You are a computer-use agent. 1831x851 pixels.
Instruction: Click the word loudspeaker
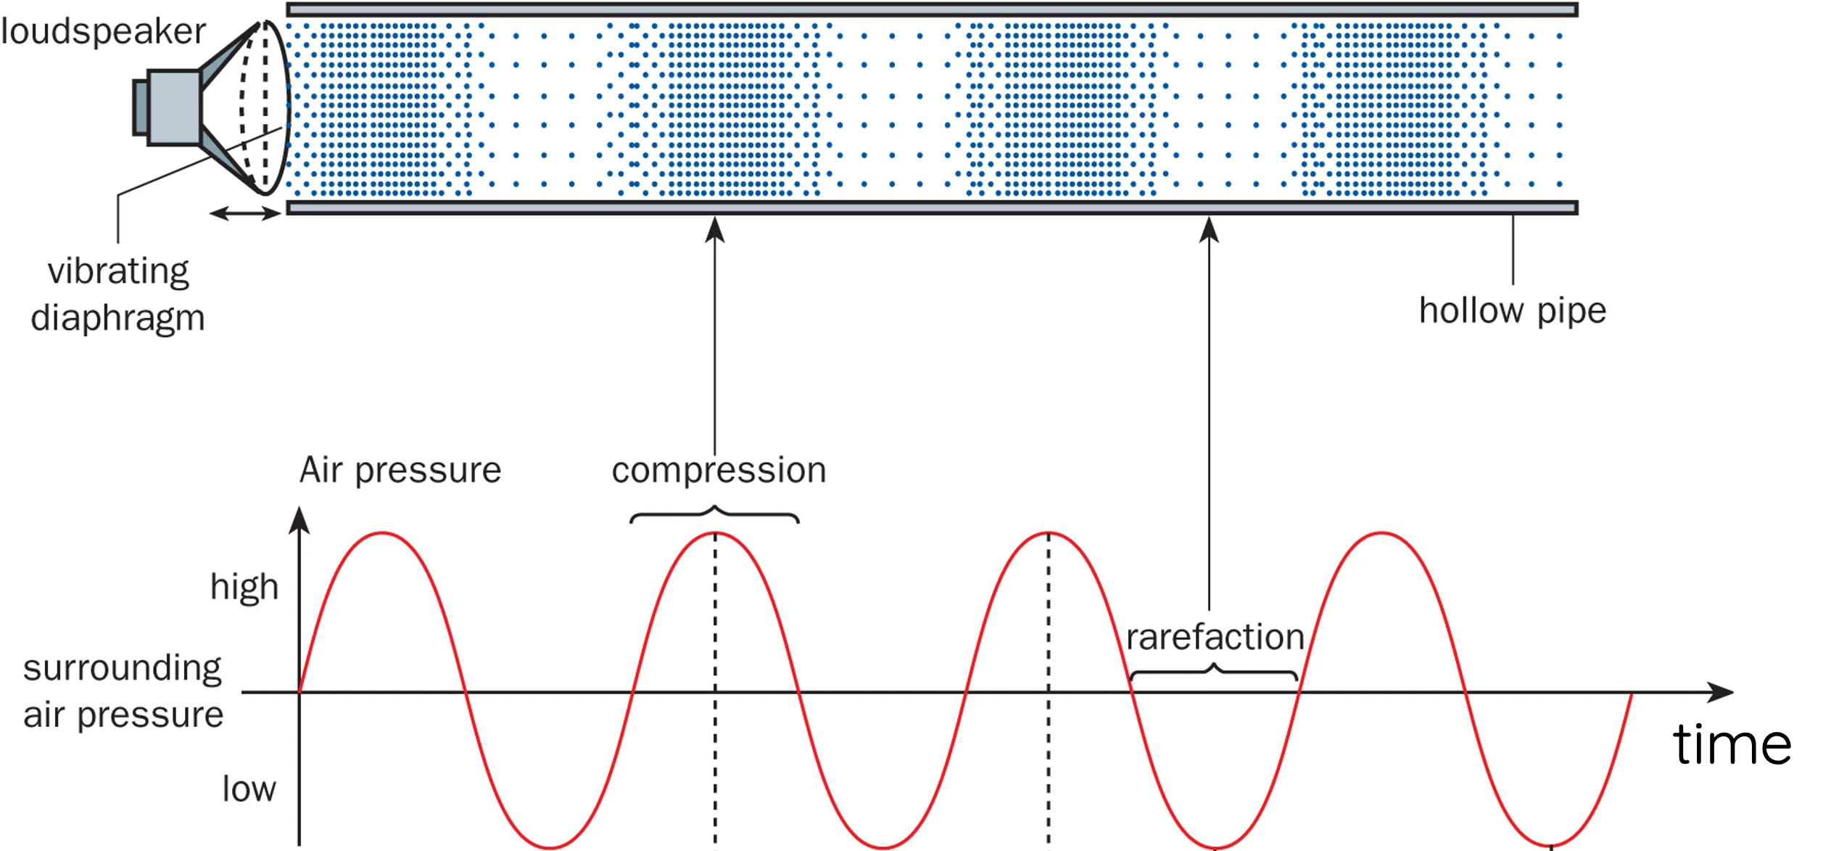click(104, 32)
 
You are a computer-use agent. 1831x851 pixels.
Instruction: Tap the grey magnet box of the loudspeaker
click(173, 107)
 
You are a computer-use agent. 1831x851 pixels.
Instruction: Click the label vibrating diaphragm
click(117, 294)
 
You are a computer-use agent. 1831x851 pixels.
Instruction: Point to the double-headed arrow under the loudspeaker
click(244, 213)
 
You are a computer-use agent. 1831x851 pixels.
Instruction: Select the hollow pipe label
click(1512, 311)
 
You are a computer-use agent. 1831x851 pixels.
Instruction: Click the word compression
click(719, 470)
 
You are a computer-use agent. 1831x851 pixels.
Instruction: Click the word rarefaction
click(1215, 637)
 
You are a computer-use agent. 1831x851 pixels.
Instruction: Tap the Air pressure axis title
click(400, 470)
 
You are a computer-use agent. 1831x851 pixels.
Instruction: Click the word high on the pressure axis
click(244, 586)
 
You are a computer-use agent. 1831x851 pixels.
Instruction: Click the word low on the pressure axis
click(249, 789)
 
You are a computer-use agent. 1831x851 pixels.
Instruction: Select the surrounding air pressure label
click(123, 691)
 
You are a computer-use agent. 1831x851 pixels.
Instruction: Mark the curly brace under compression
click(714, 514)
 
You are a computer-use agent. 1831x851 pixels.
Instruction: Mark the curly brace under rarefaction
click(1214, 671)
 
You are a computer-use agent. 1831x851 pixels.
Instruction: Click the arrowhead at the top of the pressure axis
click(299, 519)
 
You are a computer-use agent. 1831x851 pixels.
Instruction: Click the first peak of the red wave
click(382, 534)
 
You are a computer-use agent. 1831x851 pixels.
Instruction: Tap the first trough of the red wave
click(550, 847)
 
